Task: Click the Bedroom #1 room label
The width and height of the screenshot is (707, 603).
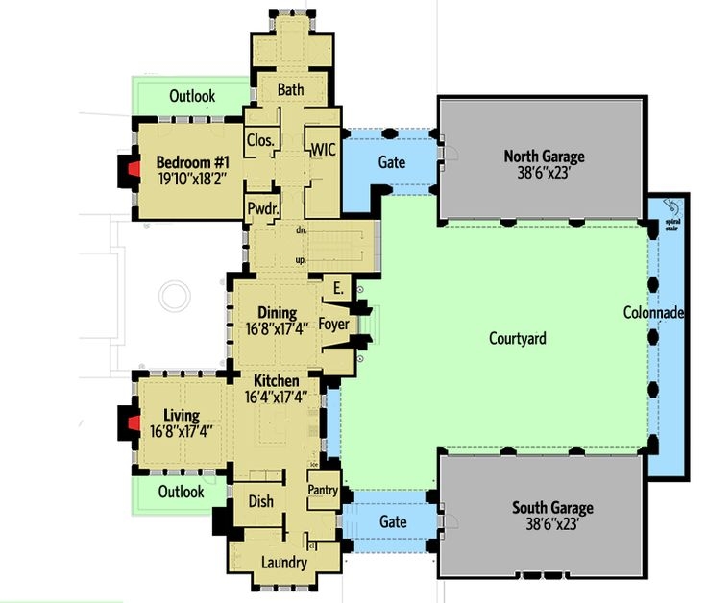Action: point(190,160)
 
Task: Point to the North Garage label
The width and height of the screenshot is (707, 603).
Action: point(544,157)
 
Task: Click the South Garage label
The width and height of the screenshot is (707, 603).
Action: point(552,508)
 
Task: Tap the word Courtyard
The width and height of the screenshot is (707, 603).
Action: point(518,338)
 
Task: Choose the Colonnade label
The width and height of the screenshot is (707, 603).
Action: point(653,313)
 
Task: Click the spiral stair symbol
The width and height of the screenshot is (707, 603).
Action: point(673,209)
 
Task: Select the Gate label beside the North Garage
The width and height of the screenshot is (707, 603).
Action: point(391,163)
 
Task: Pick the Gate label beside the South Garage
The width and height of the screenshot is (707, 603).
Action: point(394,522)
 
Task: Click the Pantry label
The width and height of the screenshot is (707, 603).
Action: point(323,491)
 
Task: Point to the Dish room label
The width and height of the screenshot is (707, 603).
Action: point(260,501)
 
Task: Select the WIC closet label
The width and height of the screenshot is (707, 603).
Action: point(321,149)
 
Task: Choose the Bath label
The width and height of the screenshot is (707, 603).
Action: point(290,90)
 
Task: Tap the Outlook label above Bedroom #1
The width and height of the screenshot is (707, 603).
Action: point(192,96)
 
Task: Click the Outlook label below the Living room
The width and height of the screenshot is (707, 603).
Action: point(182,492)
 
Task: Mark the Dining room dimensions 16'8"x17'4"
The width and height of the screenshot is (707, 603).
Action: point(279,330)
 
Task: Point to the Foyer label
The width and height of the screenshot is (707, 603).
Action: point(333,325)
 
